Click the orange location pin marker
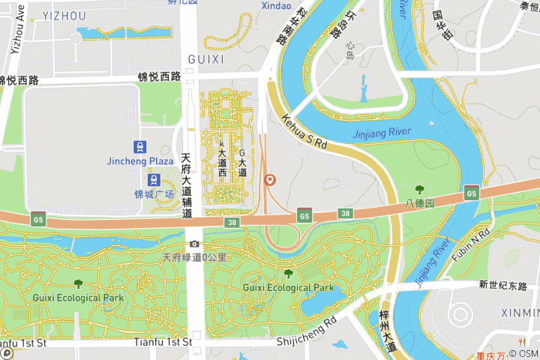click(270, 180)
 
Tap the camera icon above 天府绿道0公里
click(195, 244)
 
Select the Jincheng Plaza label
click(140, 161)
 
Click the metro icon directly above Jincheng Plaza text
click(140, 146)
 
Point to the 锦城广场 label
click(154, 195)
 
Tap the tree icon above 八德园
click(419, 190)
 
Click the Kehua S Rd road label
click(305, 130)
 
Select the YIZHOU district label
click(64, 16)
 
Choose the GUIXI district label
click(205, 59)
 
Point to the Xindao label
click(276, 6)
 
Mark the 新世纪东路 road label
click(503, 285)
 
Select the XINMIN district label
click(520, 313)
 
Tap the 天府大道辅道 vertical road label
click(187, 186)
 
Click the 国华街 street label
click(442, 25)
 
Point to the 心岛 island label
click(350, 50)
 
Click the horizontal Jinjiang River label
click(382, 133)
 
